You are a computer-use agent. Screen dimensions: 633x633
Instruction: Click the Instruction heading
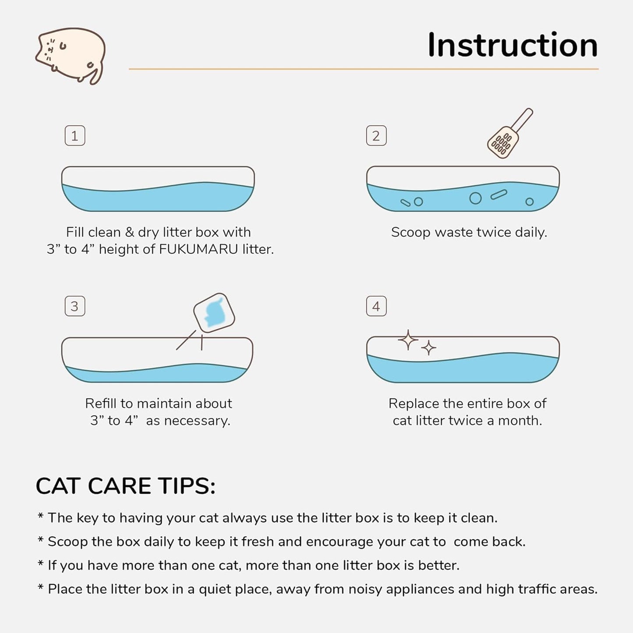point(512,45)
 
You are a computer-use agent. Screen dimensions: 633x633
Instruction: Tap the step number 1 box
point(75,136)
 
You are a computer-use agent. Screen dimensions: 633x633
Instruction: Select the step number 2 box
point(376,136)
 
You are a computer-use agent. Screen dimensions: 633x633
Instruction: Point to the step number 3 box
point(75,306)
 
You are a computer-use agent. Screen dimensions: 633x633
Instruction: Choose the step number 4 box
point(376,306)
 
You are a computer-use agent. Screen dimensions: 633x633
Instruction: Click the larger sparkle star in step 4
point(408,340)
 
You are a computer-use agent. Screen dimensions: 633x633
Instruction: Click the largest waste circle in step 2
point(475,198)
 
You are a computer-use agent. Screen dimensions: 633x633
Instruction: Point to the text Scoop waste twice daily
point(469,232)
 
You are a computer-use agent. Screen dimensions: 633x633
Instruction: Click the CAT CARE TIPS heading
point(125,486)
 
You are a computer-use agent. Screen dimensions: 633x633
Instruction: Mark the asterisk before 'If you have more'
point(40,564)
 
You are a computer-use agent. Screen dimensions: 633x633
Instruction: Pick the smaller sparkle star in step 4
point(428,348)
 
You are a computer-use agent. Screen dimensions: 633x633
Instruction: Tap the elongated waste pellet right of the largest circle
point(499,194)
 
